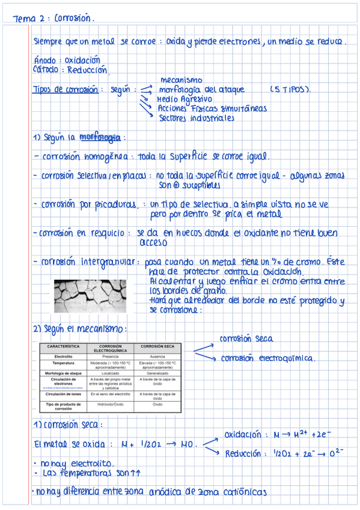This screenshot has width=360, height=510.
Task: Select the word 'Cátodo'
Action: tap(46, 70)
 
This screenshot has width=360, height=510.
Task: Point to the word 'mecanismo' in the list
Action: tap(181, 80)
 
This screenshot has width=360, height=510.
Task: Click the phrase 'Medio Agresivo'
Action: tap(184, 99)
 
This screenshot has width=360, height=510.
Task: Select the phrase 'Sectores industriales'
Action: tap(196, 118)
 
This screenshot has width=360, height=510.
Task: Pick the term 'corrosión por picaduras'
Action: tap(90, 204)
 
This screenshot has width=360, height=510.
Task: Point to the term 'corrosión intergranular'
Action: tap(89, 262)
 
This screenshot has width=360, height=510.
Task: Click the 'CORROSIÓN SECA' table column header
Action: tap(157, 347)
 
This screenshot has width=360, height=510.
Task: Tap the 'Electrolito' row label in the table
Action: tap(63, 357)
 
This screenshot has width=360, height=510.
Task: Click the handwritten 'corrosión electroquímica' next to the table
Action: tap(269, 358)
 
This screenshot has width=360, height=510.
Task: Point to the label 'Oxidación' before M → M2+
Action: tap(243, 434)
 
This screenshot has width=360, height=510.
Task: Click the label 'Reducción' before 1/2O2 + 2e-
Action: tap(244, 453)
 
